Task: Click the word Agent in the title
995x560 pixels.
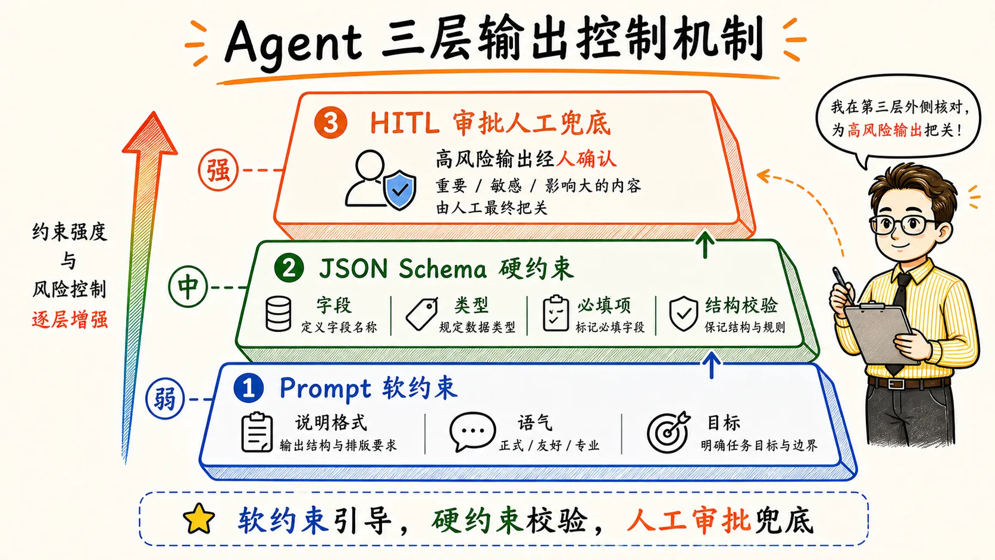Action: coord(293,42)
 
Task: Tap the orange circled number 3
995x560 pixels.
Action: coord(330,123)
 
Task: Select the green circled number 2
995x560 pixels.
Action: coord(289,268)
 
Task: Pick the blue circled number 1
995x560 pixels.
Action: coord(248,387)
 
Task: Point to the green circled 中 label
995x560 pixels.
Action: coord(188,287)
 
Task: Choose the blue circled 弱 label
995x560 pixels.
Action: coord(165,399)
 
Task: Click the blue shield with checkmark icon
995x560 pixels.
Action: coord(400,189)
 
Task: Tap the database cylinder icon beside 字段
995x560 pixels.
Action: coord(278,314)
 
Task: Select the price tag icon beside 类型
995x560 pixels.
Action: coord(421,314)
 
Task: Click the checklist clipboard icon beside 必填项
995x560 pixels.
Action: coord(556,313)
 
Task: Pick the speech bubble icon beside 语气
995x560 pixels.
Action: coord(472,431)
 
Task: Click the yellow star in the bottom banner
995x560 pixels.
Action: coord(199,518)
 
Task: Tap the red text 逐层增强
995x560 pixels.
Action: coord(70,320)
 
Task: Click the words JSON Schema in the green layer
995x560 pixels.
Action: coord(402,269)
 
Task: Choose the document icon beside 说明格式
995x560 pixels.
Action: coord(256,433)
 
